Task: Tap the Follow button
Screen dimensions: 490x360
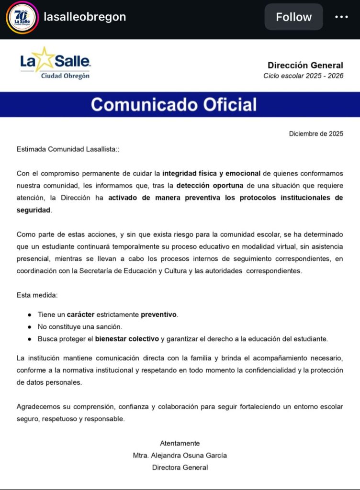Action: [x=293, y=17]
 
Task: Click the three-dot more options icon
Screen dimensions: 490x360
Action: [x=341, y=17]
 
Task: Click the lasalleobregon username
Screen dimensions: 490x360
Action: [x=85, y=17]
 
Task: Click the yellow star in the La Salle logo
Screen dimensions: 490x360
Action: [x=45, y=59]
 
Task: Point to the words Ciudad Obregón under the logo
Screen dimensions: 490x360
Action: [x=66, y=76]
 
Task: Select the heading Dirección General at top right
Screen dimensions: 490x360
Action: [x=305, y=65]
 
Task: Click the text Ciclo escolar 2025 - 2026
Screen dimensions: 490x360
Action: [x=303, y=76]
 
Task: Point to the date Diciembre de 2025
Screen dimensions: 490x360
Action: [x=316, y=134]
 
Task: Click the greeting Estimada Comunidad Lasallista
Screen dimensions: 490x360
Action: [x=67, y=149]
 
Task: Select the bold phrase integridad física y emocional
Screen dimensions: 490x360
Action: [x=211, y=173]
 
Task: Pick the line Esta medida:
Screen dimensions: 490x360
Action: [x=37, y=295]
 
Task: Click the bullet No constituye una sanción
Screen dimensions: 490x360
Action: [x=80, y=326]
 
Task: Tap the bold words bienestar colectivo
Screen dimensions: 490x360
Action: [x=127, y=339]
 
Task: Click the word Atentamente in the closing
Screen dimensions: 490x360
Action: [x=180, y=443]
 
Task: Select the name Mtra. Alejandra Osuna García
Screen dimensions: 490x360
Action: [x=180, y=455]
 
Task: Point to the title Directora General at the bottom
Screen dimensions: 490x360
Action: [x=180, y=468]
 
